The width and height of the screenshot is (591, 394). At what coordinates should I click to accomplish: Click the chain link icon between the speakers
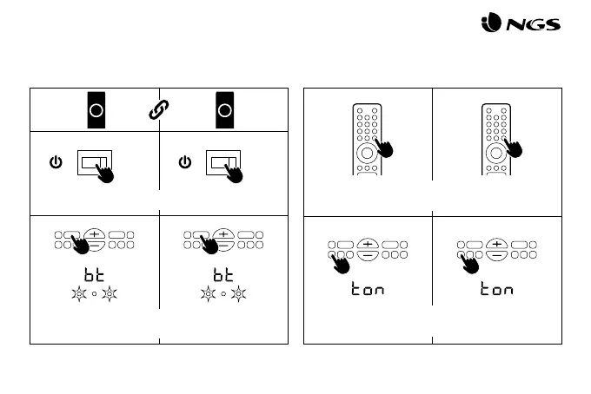point(159,109)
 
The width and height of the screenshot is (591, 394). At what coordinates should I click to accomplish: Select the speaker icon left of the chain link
point(96,109)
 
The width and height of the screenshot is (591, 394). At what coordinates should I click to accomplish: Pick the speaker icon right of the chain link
point(223,109)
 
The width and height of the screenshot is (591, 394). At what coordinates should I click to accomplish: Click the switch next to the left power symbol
point(95,161)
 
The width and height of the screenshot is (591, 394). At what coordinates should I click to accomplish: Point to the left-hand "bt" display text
point(94,275)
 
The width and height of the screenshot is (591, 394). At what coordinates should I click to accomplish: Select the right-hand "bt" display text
point(223,275)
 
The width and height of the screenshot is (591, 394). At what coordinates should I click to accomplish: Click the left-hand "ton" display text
point(367,289)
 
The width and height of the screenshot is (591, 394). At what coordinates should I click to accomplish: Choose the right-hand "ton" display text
point(496,289)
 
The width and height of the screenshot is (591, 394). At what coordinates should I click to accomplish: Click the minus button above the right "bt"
point(223,244)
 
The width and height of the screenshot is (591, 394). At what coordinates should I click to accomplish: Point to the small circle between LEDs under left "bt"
point(94,293)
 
